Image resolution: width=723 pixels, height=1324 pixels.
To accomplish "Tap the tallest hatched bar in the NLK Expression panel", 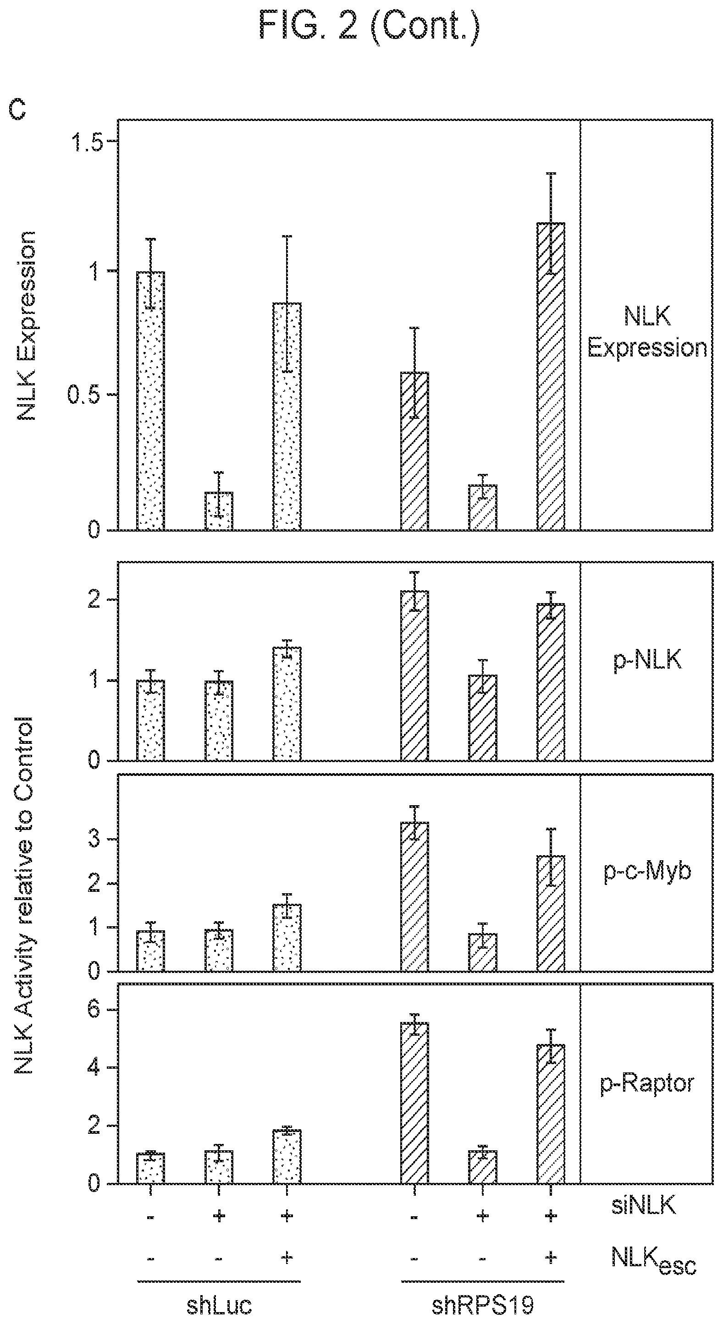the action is click(551, 376).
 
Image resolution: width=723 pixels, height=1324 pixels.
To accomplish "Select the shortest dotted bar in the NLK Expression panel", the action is click(219, 511).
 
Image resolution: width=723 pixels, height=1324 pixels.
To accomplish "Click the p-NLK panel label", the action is click(648, 659).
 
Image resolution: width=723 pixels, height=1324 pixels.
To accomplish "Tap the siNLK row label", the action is click(643, 1205).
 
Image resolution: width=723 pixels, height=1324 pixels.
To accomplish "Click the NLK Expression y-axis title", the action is click(27, 326).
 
